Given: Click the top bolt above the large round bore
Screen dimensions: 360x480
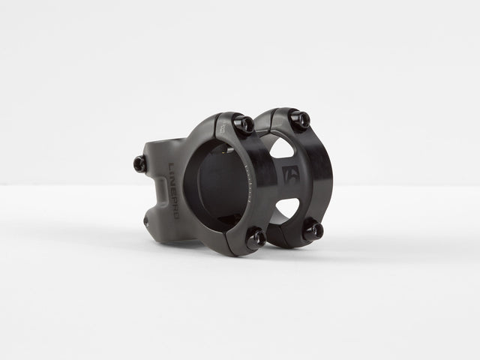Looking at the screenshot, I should (244, 124).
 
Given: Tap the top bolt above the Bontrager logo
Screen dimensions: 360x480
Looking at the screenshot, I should (300, 118).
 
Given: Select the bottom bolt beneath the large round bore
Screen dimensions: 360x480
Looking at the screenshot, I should (255, 238).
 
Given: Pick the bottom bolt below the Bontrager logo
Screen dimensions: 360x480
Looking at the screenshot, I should (313, 231).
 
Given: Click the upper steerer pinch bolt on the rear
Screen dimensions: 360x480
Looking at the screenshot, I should (140, 163).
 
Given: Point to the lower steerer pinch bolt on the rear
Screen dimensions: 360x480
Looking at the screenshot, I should (147, 220).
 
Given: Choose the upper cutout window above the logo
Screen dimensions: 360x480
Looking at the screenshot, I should (280, 148).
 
